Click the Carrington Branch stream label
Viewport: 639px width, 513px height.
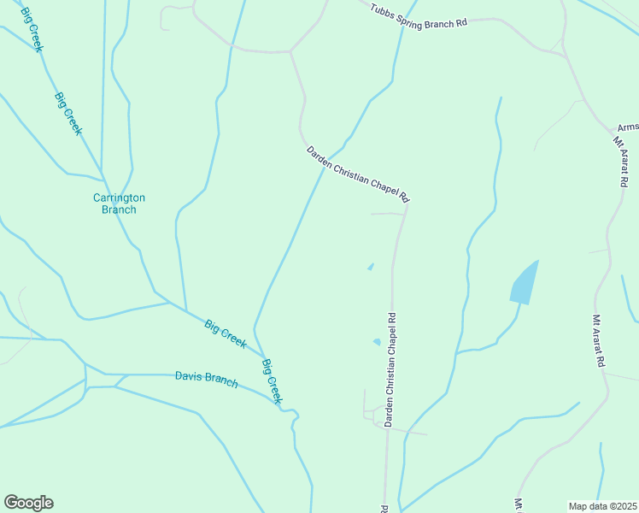coord(119,203)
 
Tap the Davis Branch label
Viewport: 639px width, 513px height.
coord(206,377)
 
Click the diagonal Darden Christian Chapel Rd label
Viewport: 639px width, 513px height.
coord(358,174)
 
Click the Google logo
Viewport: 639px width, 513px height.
coord(28,502)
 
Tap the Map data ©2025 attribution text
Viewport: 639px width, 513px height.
coord(602,506)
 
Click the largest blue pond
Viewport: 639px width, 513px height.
coord(525,282)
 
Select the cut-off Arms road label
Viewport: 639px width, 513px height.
coord(628,127)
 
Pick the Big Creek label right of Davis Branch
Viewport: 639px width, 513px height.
coord(272,381)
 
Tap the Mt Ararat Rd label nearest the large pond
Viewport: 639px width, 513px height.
coord(599,340)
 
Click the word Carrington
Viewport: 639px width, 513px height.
coord(119,198)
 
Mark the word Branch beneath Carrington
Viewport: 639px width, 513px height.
coord(119,209)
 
